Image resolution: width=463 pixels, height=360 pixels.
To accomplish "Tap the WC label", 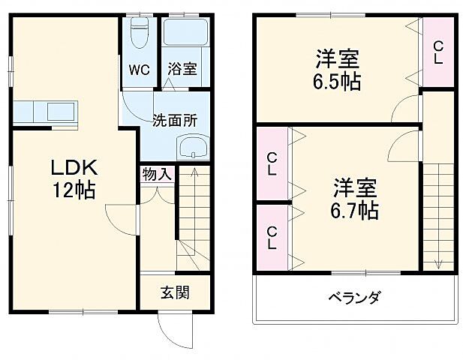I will (x=139, y=70).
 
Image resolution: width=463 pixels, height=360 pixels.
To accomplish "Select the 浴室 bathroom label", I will (x=182, y=70).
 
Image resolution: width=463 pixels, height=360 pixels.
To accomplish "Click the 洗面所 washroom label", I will (x=175, y=120).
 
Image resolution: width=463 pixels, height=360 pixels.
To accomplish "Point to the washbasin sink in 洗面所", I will (x=193, y=147).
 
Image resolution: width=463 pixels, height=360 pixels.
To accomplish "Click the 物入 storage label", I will (x=156, y=175).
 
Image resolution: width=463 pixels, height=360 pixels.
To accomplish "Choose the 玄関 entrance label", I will (x=175, y=292).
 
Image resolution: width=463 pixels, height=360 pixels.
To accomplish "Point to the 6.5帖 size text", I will (x=337, y=81).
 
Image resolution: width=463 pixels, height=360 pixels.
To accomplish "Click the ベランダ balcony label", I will (x=353, y=297).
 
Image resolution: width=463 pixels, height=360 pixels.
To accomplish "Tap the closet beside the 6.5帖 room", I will (x=438, y=51).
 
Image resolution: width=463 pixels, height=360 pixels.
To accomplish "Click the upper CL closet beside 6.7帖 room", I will (x=271, y=164).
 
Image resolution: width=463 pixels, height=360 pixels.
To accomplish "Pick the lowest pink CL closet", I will (x=271, y=238).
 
